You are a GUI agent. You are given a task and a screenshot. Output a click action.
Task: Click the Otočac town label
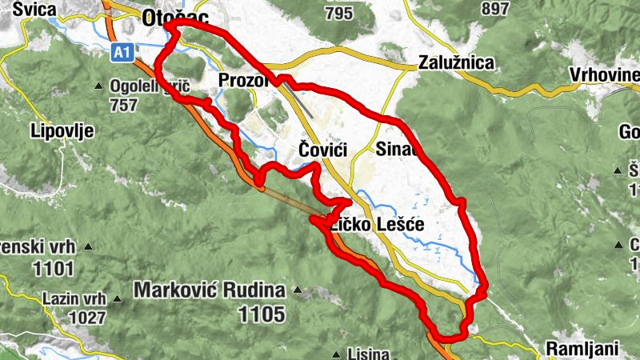coord(170,17)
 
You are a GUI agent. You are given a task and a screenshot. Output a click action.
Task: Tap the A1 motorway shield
coord(121,53)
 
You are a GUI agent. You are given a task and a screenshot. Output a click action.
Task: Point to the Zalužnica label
coord(457,63)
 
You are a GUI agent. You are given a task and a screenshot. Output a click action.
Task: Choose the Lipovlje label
coord(62,130)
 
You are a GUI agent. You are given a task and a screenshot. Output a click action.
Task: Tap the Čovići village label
coord(323,149)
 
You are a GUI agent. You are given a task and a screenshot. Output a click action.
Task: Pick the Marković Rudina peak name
coord(210,289)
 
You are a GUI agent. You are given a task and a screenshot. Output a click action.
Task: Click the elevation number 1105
coord(262,314)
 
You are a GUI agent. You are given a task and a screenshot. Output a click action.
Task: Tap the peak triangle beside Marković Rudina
coord(298,290)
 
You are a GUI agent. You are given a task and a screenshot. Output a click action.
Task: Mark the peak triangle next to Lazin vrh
coord(117,299)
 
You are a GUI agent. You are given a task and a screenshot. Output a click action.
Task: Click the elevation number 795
coord(339,13)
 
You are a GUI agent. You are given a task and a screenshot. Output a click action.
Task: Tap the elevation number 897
coord(496,8)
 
